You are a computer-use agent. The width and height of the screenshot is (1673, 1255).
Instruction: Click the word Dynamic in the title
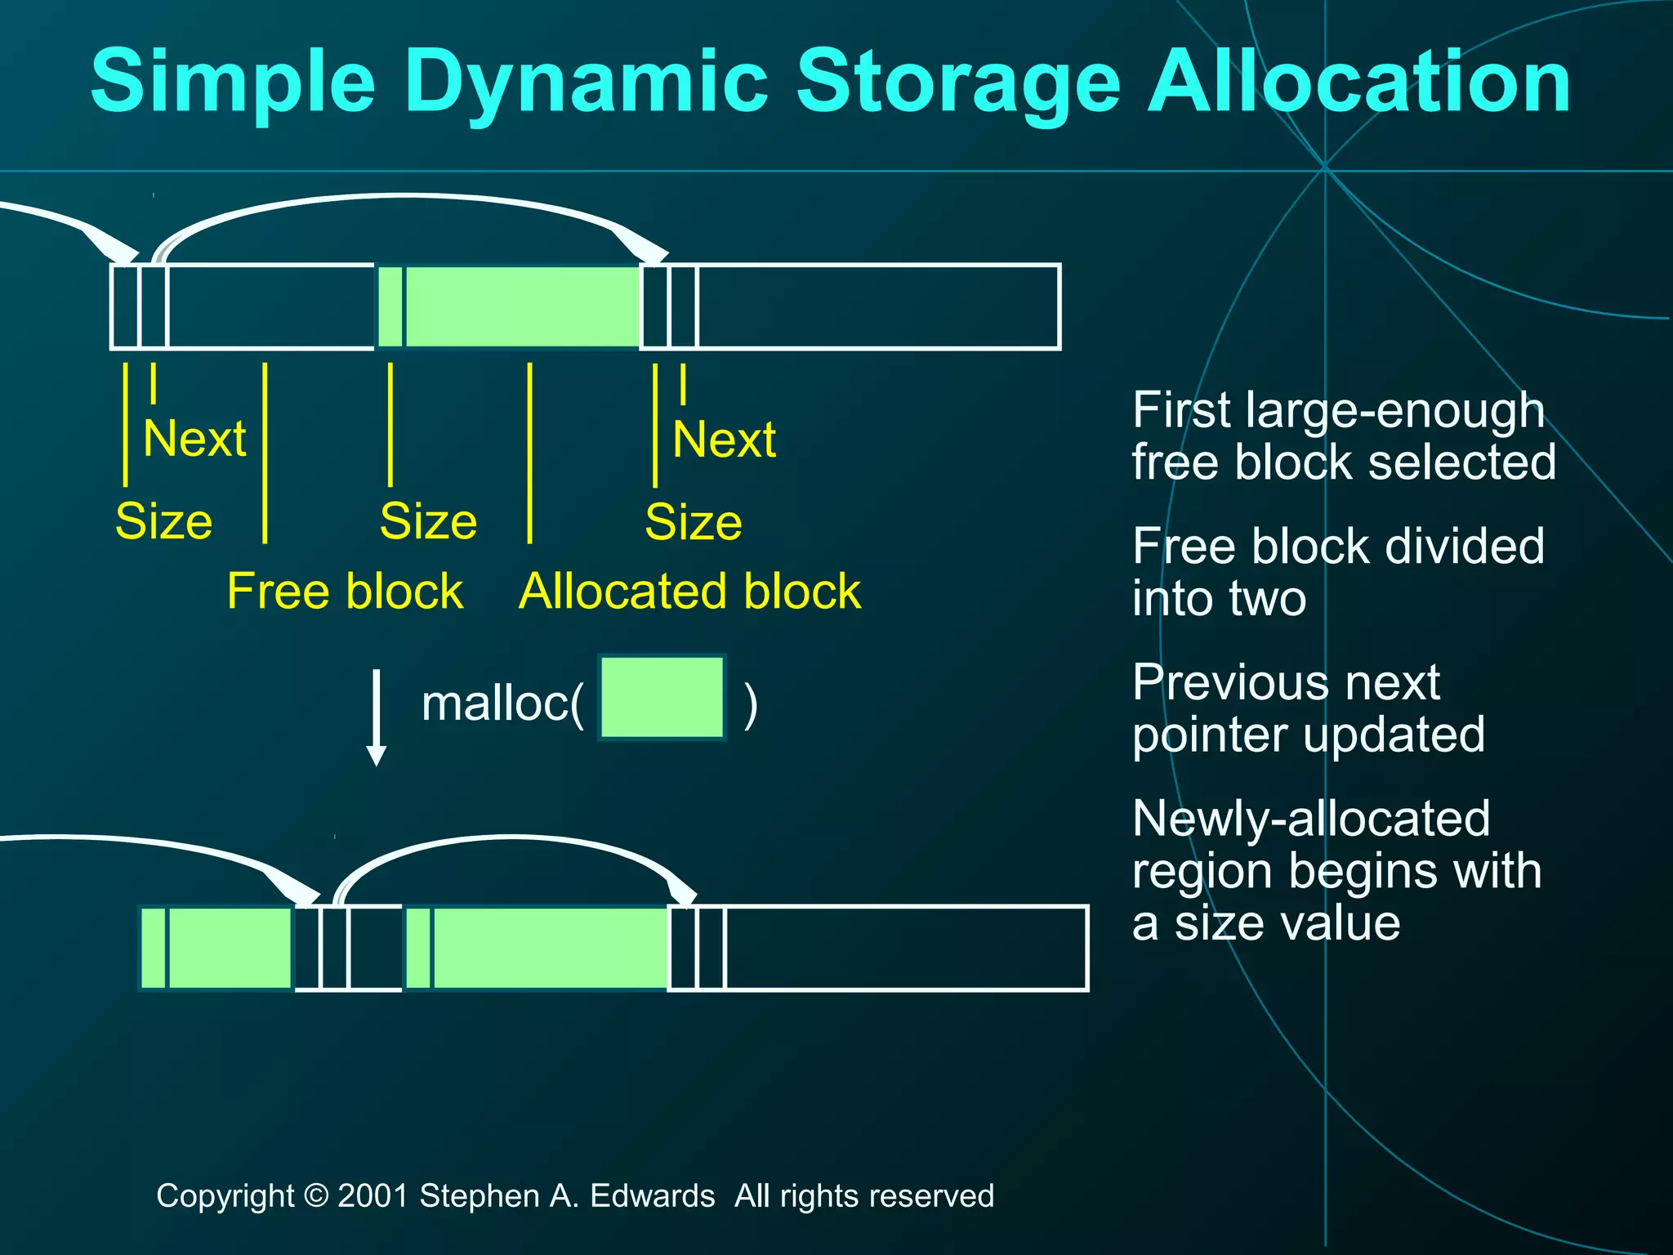point(587,82)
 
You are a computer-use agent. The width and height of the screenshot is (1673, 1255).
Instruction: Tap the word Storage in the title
point(957,82)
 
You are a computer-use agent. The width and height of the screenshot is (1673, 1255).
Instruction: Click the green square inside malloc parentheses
point(662,698)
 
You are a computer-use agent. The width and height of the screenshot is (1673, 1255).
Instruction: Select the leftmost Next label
point(194,439)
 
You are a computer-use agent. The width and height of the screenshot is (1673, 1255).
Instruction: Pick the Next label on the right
point(724,439)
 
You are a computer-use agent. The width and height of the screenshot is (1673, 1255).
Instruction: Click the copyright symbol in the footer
point(315,1196)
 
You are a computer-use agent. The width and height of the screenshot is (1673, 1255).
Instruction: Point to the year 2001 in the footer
point(373,1196)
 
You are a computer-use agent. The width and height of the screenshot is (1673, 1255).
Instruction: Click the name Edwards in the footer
point(652,1196)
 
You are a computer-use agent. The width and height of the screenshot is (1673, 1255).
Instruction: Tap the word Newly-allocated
point(1311,819)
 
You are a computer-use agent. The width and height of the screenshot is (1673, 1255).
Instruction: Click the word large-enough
point(1395,411)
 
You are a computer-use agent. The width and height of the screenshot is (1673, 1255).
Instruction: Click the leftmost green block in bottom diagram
point(216,948)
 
